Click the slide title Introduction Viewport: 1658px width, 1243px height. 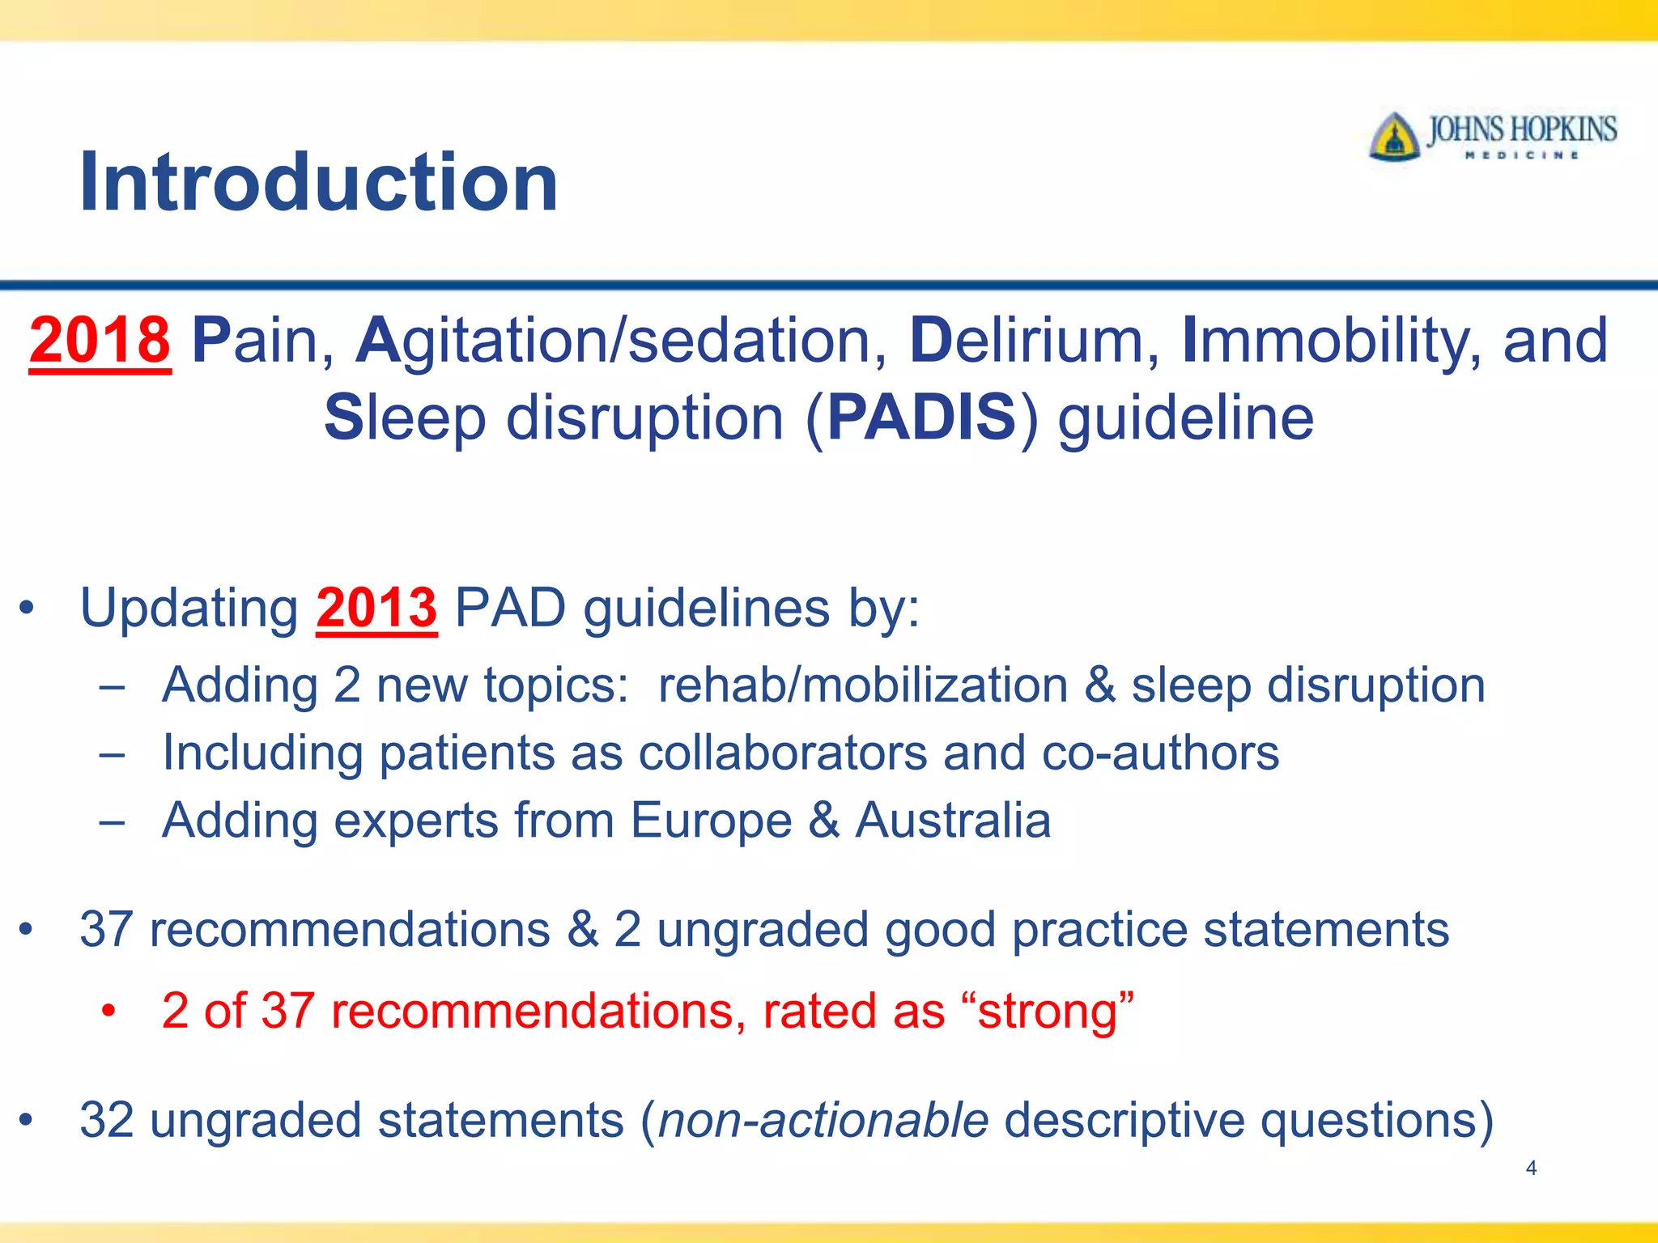(318, 182)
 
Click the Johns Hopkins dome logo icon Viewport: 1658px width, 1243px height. (1394, 138)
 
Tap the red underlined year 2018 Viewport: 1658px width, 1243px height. (100, 340)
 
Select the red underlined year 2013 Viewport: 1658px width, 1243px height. (376, 607)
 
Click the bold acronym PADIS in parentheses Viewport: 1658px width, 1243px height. (921, 418)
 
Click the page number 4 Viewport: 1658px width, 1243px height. (1531, 1168)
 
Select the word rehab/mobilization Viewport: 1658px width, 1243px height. (863, 685)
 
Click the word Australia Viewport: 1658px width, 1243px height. (954, 820)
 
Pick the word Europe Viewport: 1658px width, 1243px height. (711, 820)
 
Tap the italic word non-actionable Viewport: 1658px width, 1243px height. (824, 1120)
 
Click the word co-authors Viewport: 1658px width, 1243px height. (1160, 753)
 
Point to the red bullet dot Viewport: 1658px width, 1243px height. (109, 1012)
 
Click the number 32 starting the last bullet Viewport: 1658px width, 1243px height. (107, 1120)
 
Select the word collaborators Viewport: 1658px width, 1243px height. (782, 753)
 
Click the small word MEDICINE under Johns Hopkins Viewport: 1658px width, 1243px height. (1522, 155)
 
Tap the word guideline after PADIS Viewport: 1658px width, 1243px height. (1186, 418)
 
